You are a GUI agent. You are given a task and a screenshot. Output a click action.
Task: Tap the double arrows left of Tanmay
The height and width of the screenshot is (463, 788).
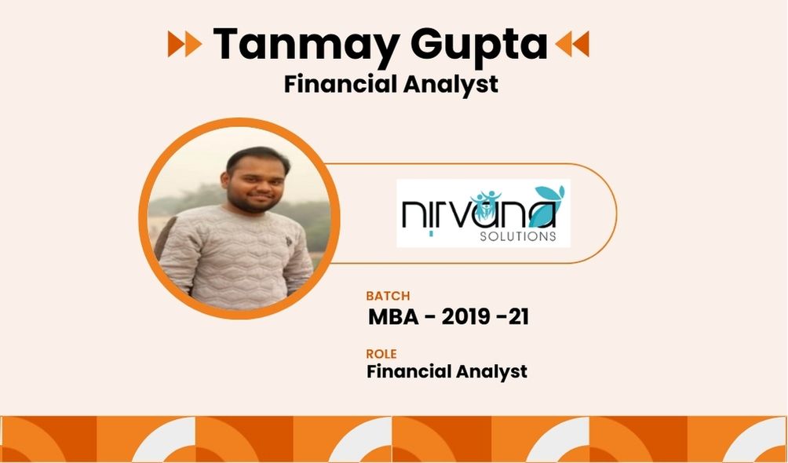pyautogui.click(x=184, y=44)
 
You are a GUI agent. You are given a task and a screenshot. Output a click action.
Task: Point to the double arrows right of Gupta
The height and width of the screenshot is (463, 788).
pyautogui.click(x=572, y=44)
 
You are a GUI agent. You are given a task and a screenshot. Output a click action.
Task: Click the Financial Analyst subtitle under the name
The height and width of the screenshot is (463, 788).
pyautogui.click(x=391, y=84)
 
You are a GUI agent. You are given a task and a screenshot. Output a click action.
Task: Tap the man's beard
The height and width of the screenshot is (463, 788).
pyautogui.click(x=254, y=202)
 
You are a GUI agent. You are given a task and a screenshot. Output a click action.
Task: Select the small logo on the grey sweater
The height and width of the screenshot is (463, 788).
pyautogui.click(x=289, y=241)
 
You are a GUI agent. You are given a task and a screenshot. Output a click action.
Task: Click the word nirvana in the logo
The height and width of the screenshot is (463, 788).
pyautogui.click(x=479, y=212)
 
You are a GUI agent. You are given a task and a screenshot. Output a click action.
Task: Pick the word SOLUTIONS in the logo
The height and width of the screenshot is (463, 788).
pyautogui.click(x=518, y=235)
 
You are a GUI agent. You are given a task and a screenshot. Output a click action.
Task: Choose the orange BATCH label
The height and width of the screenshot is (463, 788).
pyautogui.click(x=388, y=296)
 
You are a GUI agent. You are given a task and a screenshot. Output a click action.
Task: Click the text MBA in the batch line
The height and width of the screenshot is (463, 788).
pyautogui.click(x=393, y=317)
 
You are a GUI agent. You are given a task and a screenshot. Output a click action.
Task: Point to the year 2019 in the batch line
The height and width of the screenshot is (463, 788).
pyautogui.click(x=466, y=317)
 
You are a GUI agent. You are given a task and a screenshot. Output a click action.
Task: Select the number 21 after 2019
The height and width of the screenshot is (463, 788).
pyautogui.click(x=518, y=317)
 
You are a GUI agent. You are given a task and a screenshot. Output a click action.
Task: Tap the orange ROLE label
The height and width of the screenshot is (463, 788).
pyautogui.click(x=381, y=354)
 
